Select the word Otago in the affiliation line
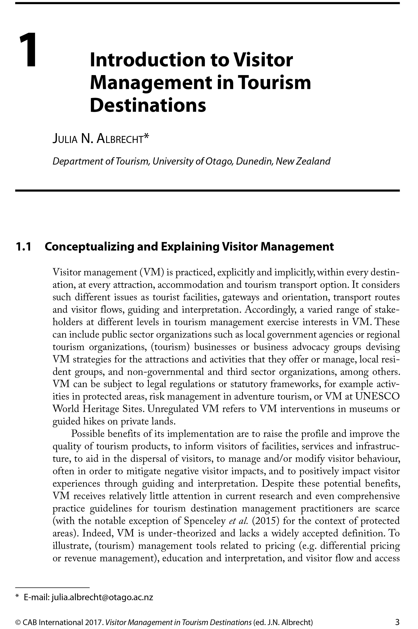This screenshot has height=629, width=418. [218, 161]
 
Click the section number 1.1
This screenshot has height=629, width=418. [24, 247]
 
